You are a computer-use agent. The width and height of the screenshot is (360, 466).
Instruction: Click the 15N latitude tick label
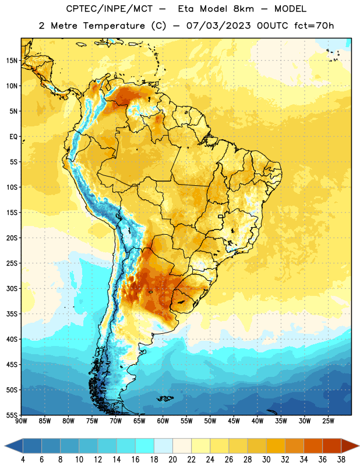[x=12, y=61]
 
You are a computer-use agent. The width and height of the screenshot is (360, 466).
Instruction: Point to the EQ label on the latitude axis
[x=13, y=137]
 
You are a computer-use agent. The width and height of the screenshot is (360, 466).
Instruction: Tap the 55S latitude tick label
[x=12, y=415]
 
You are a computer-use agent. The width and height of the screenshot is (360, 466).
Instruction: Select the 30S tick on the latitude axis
[x=12, y=288]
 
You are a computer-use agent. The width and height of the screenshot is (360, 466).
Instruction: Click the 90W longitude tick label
[x=22, y=421]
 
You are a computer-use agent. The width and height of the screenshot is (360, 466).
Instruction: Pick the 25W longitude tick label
[x=329, y=421]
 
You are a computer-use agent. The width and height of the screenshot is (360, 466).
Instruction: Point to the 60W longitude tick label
[x=163, y=421]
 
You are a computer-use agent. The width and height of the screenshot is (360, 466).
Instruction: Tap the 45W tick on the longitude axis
[x=234, y=421]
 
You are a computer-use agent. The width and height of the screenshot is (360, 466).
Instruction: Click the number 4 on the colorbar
[x=23, y=460]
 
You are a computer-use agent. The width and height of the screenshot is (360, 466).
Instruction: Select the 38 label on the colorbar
[x=341, y=460]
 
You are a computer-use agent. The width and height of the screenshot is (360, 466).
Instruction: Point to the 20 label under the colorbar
[x=172, y=460]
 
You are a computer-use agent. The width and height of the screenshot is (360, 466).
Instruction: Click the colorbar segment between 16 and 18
[x=145, y=446]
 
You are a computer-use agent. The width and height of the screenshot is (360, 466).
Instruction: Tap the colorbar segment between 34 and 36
[x=313, y=446]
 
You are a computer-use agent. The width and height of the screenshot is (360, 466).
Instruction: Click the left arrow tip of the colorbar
[x=5, y=446]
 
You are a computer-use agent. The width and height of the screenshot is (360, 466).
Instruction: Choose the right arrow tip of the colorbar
[x=359, y=446]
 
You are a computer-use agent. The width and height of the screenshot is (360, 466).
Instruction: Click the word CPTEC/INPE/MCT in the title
[x=110, y=9]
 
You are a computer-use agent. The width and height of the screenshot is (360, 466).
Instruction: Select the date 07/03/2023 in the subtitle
[x=218, y=26]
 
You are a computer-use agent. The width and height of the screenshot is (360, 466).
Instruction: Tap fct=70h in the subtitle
[x=314, y=26]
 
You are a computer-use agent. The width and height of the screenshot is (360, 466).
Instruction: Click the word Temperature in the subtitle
[x=114, y=26]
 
